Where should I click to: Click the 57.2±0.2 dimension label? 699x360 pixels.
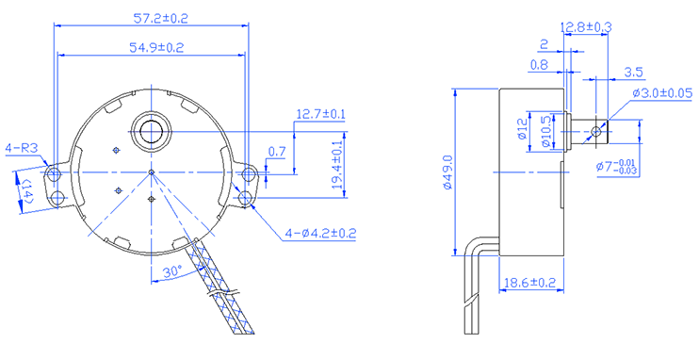tap(161, 18)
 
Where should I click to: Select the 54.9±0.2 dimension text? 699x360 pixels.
tap(156, 48)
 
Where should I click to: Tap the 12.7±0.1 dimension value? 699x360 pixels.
tap(321, 114)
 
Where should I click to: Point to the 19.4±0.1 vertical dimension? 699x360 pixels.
tap(337, 164)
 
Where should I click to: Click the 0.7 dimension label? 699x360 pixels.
tap(277, 152)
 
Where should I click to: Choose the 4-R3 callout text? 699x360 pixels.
tap(22, 149)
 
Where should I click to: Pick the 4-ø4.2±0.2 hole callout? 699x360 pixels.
tap(320, 234)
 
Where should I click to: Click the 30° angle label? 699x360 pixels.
tap(171, 271)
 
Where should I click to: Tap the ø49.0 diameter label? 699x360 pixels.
tap(448, 172)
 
